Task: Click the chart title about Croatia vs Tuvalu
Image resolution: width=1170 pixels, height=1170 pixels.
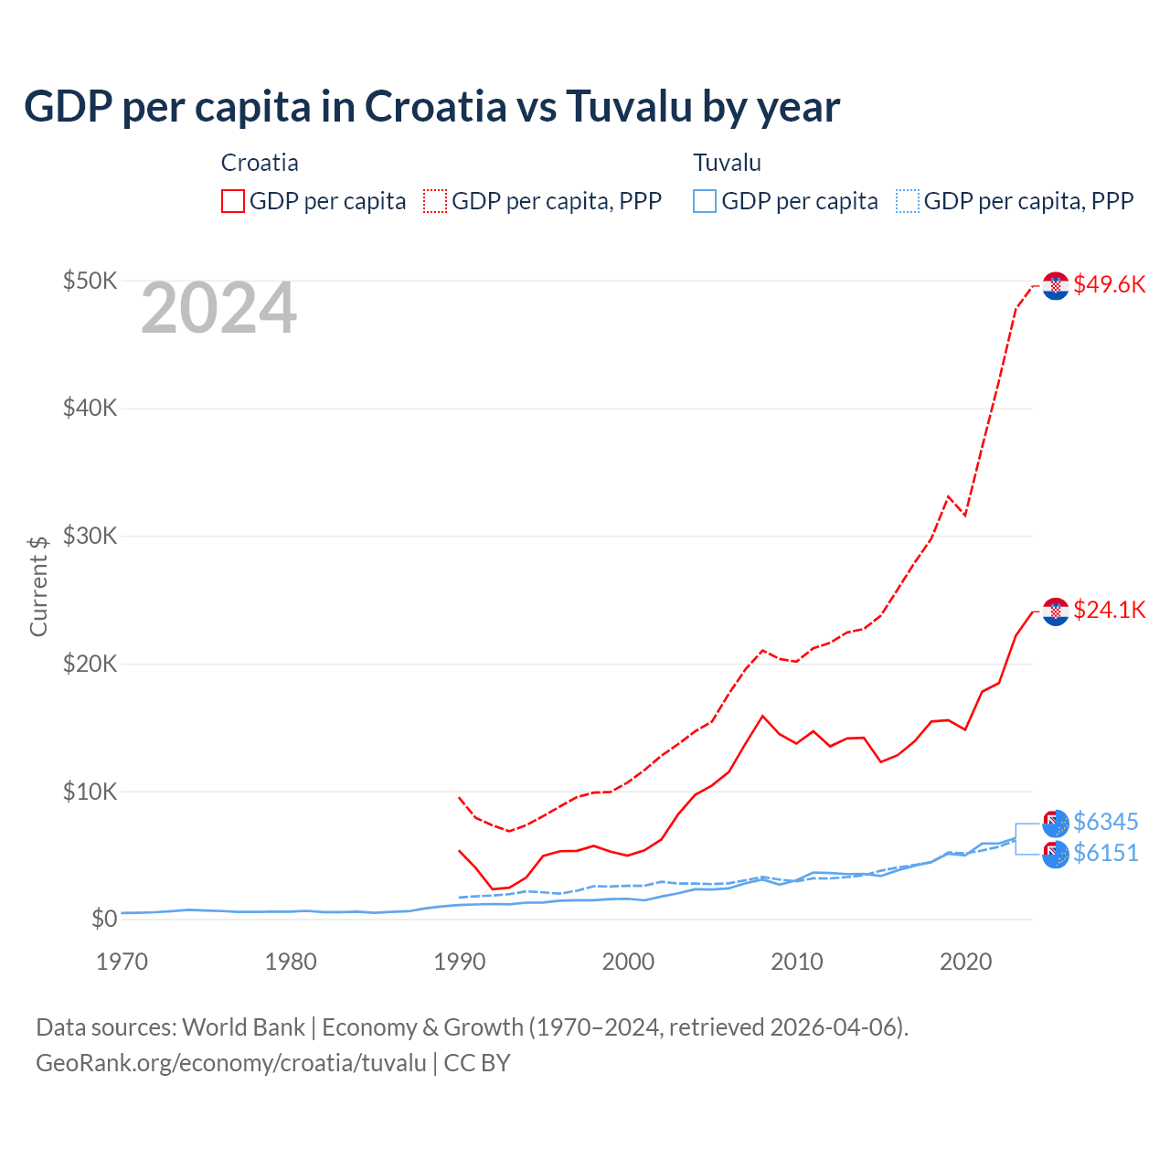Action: pyautogui.click(x=431, y=106)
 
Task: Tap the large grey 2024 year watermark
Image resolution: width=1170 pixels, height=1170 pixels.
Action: pyautogui.click(x=218, y=309)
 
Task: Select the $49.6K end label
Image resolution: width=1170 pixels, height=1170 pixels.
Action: pyautogui.click(x=1109, y=284)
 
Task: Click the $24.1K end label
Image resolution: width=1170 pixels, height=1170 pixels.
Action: pyautogui.click(x=1109, y=610)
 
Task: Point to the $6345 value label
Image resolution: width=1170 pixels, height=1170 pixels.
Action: pyautogui.click(x=1105, y=822)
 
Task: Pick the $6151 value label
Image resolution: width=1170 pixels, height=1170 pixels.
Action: pyautogui.click(x=1105, y=853)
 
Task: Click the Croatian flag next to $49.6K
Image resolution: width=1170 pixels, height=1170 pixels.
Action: pyautogui.click(x=1056, y=285)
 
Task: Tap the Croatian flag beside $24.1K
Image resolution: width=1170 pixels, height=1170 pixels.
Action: pyautogui.click(x=1056, y=611)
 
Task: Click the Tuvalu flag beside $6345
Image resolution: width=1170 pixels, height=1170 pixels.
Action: pyautogui.click(x=1056, y=823)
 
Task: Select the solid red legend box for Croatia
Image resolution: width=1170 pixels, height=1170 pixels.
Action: pyautogui.click(x=233, y=201)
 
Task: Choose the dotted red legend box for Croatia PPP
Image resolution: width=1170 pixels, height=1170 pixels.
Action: pyautogui.click(x=435, y=201)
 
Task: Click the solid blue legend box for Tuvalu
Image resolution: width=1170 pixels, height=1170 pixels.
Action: pyautogui.click(x=705, y=201)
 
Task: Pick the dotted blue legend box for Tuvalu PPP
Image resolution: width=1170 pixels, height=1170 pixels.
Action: pyautogui.click(x=908, y=201)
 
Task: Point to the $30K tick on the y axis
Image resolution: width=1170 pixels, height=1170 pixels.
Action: pyautogui.click(x=90, y=536)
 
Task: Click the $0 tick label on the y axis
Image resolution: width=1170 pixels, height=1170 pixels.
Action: pyautogui.click(x=103, y=919)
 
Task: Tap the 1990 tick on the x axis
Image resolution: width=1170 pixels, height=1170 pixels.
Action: pyautogui.click(x=459, y=962)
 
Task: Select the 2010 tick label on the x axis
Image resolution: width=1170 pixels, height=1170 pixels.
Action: pyautogui.click(x=797, y=962)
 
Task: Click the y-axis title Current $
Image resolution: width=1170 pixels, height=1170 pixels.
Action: pyautogui.click(x=38, y=586)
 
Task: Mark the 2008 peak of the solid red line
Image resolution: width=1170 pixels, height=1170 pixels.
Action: pyautogui.click(x=762, y=716)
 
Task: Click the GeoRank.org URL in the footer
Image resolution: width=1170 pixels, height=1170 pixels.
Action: pyautogui.click(x=231, y=1063)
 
